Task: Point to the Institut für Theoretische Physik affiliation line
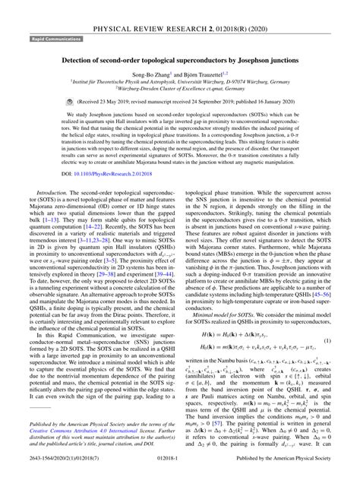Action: tap(179, 87)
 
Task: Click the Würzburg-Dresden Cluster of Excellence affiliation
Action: tap(179, 94)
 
